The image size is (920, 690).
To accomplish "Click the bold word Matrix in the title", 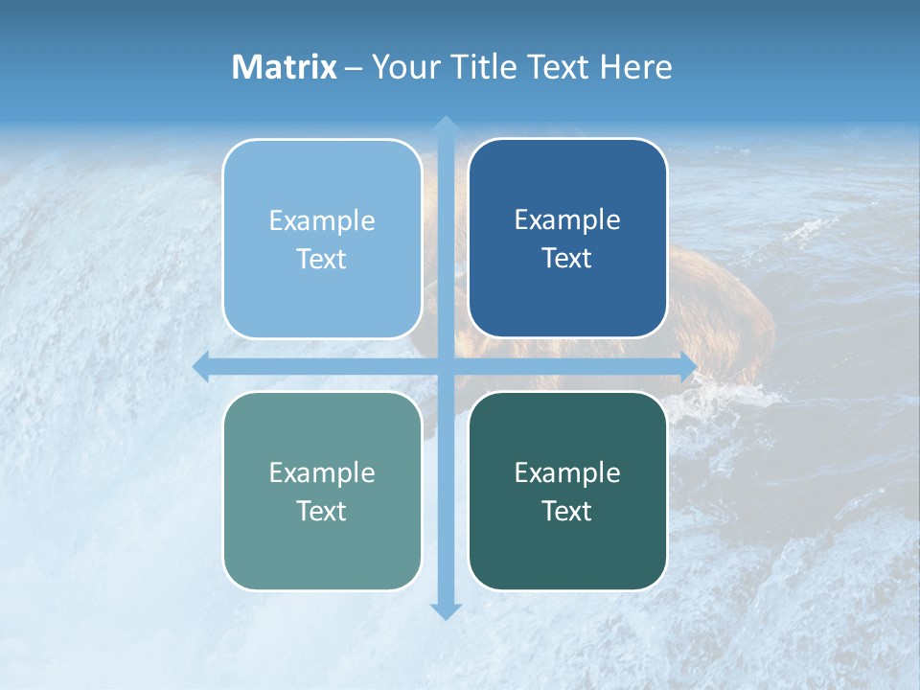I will [285, 67].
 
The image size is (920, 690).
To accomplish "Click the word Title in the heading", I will [480, 67].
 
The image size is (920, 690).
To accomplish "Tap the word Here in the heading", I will [636, 67].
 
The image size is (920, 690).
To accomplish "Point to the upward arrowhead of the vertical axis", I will [446, 125].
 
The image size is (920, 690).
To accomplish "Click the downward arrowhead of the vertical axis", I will [446, 610].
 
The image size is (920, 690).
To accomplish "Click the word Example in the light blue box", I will [322, 221].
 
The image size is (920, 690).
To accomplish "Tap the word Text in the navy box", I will [567, 259].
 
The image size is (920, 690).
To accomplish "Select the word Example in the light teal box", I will [322, 473].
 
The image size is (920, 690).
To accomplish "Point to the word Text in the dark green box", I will [567, 511].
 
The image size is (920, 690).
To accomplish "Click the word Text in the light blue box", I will [322, 260].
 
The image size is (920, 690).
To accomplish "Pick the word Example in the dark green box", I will [567, 473].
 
